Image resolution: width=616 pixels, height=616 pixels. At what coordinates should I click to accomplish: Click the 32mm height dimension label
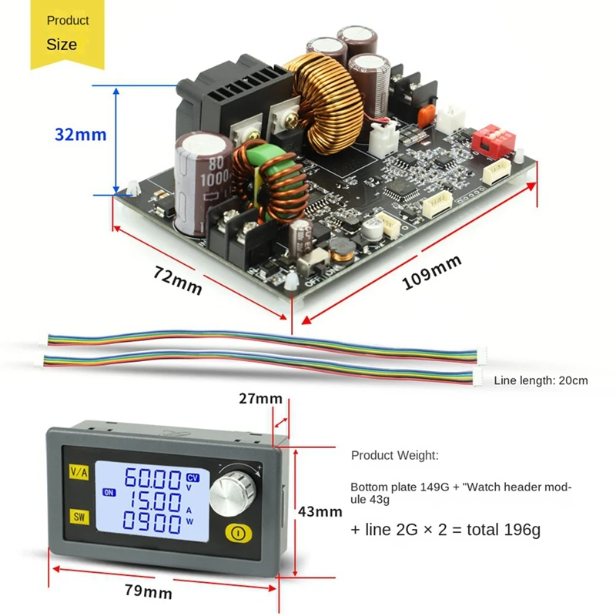(80, 134)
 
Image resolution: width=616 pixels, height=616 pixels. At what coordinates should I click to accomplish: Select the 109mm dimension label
(432, 272)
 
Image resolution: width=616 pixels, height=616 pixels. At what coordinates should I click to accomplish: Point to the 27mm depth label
(260, 399)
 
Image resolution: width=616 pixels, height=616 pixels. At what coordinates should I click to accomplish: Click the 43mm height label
(320, 511)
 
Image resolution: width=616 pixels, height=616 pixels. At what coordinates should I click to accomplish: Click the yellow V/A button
(79, 471)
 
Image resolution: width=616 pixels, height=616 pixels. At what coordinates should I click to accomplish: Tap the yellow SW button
(79, 516)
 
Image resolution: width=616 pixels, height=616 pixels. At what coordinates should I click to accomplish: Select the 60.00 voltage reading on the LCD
(153, 480)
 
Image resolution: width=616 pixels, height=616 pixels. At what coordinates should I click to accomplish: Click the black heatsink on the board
(231, 100)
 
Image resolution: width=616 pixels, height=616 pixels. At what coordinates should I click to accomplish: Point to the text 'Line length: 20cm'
(541, 380)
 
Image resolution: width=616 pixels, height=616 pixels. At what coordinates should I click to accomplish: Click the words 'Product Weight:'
(395, 455)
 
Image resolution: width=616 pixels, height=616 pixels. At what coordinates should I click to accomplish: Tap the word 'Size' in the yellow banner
(62, 44)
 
